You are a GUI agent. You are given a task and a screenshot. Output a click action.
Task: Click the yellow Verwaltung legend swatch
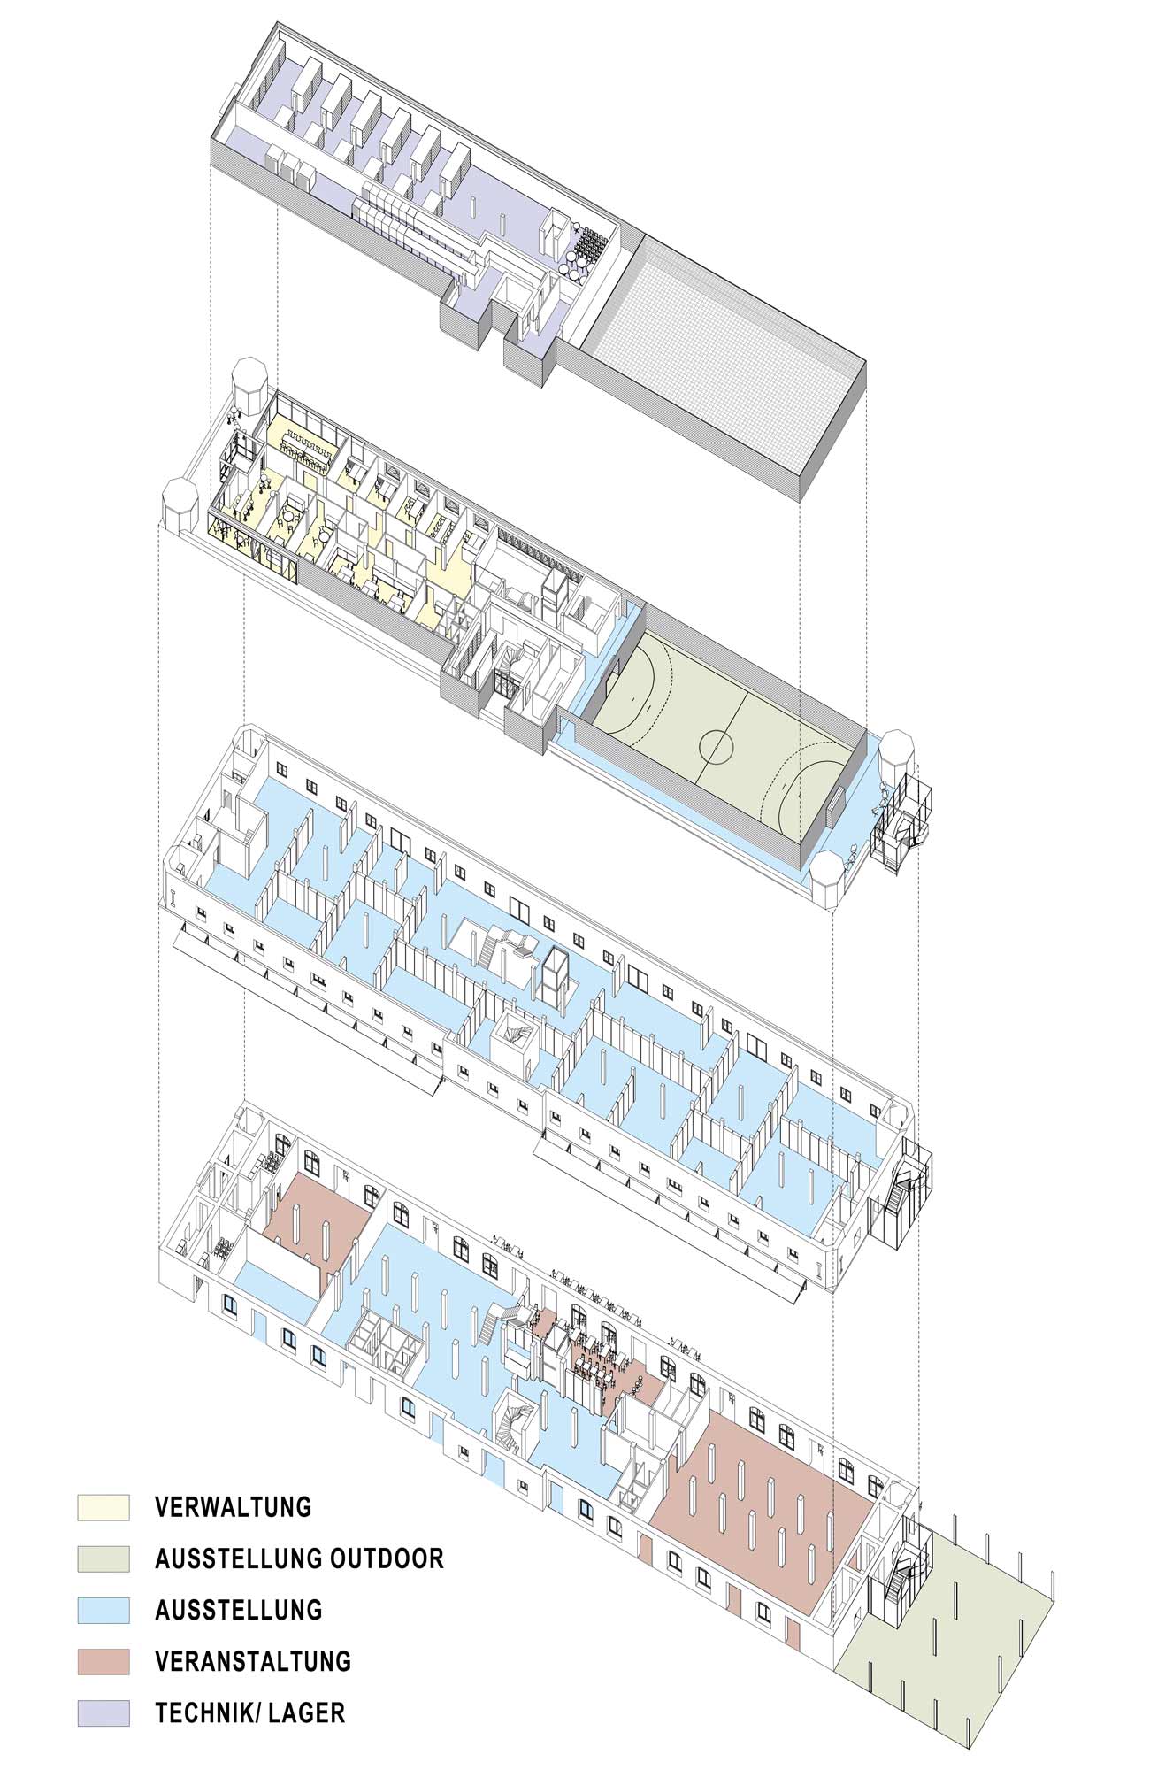coord(103,1507)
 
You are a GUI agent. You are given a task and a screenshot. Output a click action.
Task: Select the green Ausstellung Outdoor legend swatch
coord(103,1558)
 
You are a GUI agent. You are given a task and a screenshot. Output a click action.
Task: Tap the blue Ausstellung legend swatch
coord(103,1610)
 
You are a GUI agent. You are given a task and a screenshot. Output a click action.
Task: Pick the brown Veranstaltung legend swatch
coord(103,1661)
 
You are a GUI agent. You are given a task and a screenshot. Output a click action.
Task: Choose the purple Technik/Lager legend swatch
coord(103,1712)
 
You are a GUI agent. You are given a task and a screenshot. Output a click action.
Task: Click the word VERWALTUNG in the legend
coord(234,1507)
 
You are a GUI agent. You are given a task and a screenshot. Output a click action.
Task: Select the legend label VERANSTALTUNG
coord(253,1661)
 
